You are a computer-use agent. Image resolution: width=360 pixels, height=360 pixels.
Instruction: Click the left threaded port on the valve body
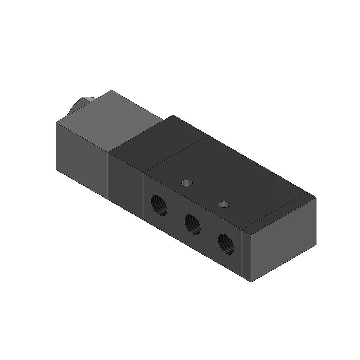159,206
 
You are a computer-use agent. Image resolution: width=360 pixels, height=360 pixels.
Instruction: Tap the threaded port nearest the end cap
226,244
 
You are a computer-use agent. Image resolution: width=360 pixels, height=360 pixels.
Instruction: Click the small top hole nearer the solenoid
187,183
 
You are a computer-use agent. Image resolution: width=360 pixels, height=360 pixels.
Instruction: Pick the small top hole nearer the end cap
224,204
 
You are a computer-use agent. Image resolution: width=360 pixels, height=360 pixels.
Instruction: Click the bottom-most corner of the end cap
252,282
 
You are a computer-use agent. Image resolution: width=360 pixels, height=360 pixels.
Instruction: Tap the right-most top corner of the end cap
316,198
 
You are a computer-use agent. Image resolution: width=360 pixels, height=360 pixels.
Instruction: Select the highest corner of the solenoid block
112,90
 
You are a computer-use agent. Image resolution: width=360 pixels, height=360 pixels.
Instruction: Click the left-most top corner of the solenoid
56,122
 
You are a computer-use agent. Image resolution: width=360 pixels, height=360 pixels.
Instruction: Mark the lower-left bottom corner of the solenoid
56,169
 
